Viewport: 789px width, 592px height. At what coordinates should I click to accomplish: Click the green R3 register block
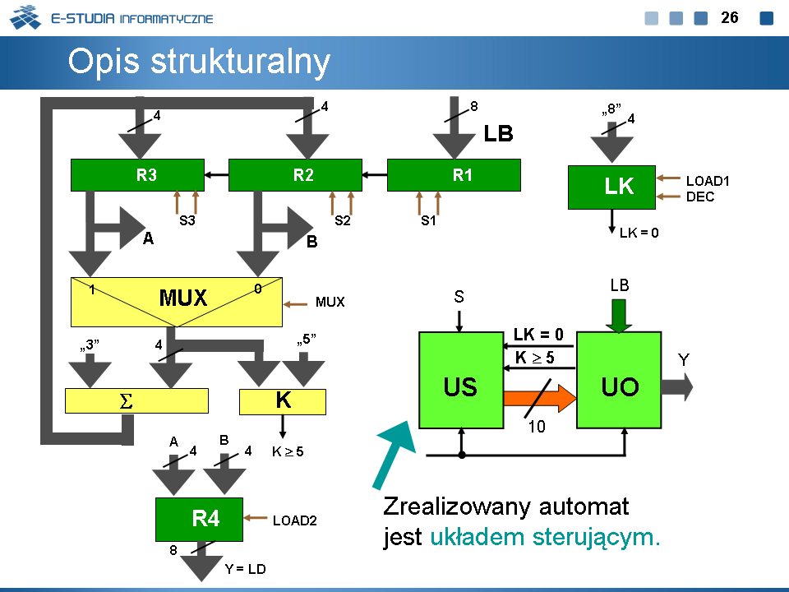tap(137, 174)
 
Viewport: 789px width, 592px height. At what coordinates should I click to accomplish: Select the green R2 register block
tap(295, 174)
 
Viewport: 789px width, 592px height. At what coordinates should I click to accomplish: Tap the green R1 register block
tap(454, 174)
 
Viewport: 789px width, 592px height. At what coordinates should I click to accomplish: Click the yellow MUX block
tap(177, 301)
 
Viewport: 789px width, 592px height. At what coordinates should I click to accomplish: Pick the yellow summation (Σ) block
tap(136, 400)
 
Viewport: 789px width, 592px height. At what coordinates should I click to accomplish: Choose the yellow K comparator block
tap(283, 401)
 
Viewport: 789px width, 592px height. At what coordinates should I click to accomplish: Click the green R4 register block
tap(199, 519)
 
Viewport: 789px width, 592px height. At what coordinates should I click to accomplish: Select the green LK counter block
tap(611, 187)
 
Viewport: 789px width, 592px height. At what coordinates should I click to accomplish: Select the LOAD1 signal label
tap(708, 181)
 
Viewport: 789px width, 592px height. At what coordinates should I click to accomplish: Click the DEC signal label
tap(700, 197)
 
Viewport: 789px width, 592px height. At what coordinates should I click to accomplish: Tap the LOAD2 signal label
tap(295, 520)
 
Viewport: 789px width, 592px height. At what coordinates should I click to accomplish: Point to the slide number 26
tap(729, 17)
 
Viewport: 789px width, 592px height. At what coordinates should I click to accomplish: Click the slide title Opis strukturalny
tap(199, 62)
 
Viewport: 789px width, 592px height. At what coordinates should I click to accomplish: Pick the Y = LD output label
tap(246, 568)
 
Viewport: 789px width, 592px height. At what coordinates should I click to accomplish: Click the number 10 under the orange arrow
tap(535, 428)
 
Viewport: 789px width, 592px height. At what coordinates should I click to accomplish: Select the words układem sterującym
tap(545, 538)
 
